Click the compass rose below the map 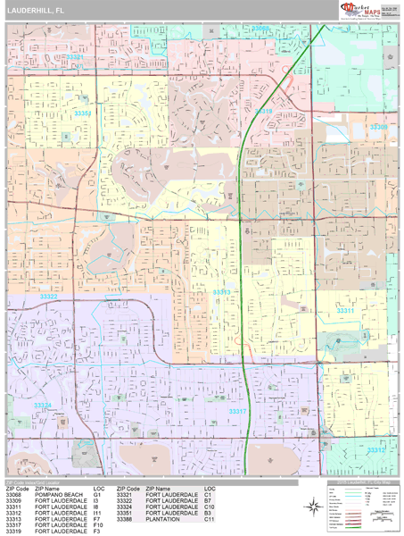314,507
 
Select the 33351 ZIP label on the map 83,113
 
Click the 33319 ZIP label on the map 263,112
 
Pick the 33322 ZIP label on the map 49,297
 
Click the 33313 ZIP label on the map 222,292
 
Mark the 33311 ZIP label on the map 345,310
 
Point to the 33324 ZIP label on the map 43,405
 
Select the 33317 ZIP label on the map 237,411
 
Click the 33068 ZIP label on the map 260,28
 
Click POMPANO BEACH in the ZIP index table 60,495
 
